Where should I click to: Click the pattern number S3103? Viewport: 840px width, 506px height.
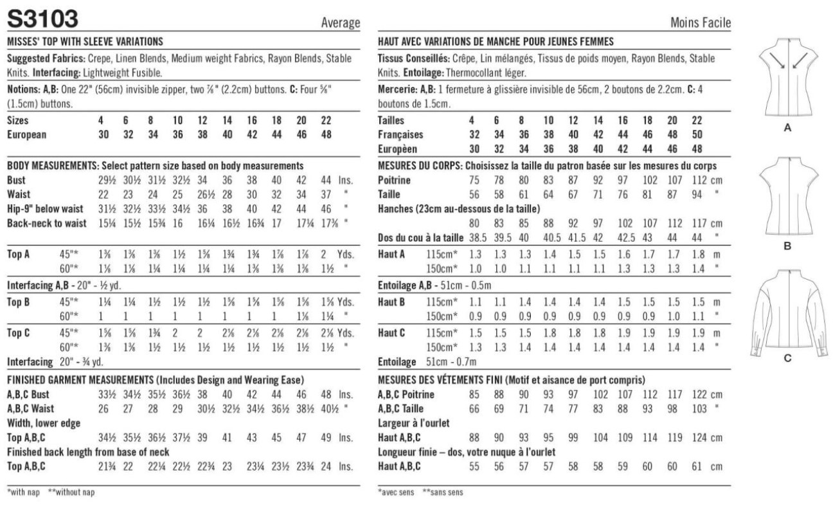coord(43,19)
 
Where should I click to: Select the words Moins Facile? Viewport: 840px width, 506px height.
coord(700,23)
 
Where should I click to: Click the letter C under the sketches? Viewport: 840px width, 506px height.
coord(787,359)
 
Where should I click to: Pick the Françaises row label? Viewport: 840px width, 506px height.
coord(401,135)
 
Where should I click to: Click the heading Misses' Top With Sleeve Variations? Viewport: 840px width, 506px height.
coord(84,42)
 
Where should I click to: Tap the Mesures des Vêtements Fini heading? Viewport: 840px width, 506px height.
coord(512,379)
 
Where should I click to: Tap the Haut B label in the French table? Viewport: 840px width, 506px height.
coord(391,301)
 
